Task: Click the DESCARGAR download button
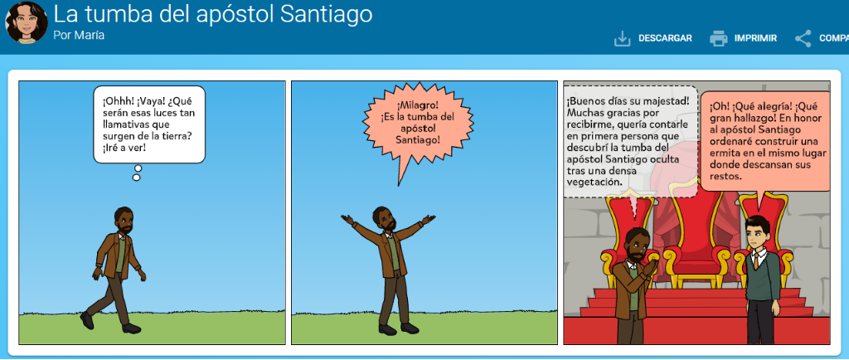point(653,38)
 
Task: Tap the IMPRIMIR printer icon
point(719,38)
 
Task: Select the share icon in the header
point(803,38)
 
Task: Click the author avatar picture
point(26,22)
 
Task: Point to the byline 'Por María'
point(79,35)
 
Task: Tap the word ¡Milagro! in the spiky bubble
point(418,105)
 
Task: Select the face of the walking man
point(124,221)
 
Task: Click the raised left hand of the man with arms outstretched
point(347,218)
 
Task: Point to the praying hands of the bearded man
point(649,268)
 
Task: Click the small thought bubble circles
point(137,173)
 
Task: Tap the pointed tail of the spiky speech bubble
point(399,185)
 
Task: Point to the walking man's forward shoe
point(131,328)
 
